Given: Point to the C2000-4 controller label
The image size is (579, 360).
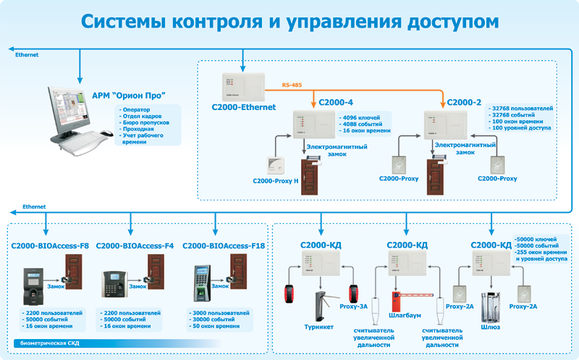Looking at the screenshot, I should [333, 103].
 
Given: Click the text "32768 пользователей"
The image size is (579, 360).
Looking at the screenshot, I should [523, 108].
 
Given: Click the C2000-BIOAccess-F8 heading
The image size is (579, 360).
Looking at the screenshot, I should [50, 246].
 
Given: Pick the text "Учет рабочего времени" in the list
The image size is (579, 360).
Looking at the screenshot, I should [142, 138].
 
